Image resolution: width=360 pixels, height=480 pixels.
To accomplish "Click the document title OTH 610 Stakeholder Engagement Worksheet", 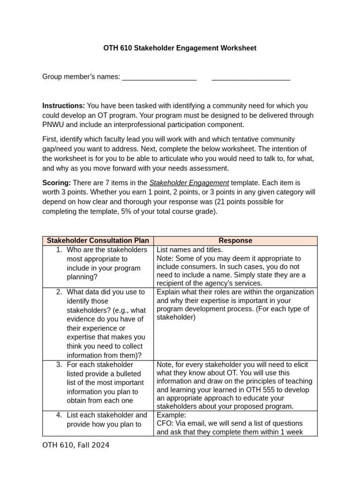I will pyautogui.click(x=180, y=48).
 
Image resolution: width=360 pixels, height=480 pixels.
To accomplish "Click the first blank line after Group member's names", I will pyautogui.click(x=159, y=77).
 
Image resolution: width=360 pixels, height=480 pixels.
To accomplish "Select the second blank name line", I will pyautogui.click(x=251, y=77).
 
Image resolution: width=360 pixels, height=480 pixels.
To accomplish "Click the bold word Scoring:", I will pyautogui.click(x=57, y=183).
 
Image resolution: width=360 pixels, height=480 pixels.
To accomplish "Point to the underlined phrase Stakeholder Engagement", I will pyautogui.click(x=189, y=183).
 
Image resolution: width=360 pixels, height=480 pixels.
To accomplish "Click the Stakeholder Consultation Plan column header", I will pyautogui.click(x=97, y=240).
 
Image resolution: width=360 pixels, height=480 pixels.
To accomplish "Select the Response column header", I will pyautogui.click(x=235, y=240).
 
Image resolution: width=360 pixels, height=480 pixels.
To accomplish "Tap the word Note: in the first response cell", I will pyautogui.click(x=165, y=258).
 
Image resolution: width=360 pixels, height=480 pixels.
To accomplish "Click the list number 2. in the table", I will pyautogui.click(x=59, y=292).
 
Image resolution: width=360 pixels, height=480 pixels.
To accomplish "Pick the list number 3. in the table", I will pyautogui.click(x=59, y=365).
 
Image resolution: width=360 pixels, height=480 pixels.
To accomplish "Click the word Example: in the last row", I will pyautogui.click(x=171, y=415).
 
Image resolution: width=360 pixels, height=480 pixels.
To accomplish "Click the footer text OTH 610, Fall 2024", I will pyautogui.click(x=76, y=445).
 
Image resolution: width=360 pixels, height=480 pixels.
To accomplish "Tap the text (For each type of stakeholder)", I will pyautogui.click(x=233, y=313).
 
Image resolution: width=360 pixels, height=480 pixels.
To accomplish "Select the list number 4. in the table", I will pyautogui.click(x=59, y=415).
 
